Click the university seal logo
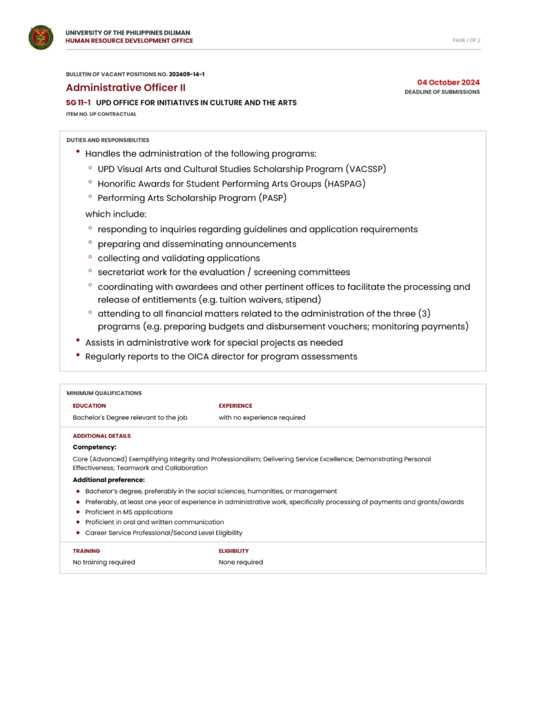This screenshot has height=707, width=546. pyautogui.click(x=41, y=37)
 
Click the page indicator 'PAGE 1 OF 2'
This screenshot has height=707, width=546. pyautogui.click(x=466, y=40)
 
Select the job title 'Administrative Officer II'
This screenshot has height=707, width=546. pyautogui.click(x=125, y=88)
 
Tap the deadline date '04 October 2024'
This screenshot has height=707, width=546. pyautogui.click(x=448, y=82)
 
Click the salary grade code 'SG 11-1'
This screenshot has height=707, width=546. pyautogui.click(x=78, y=103)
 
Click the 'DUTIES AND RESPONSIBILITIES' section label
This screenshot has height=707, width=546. pyautogui.click(x=108, y=140)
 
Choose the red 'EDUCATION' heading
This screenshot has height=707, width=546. pyautogui.click(x=89, y=406)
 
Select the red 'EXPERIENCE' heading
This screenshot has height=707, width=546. pyautogui.click(x=235, y=406)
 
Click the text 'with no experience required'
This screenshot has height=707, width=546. pyautogui.click(x=262, y=418)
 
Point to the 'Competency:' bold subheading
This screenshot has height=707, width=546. pyautogui.click(x=95, y=447)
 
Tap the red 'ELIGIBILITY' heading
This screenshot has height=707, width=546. pyautogui.click(x=233, y=551)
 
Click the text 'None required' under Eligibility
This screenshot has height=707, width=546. pyautogui.click(x=241, y=562)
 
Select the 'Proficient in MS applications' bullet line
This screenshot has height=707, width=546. pyautogui.click(x=128, y=512)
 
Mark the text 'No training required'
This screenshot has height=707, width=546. pyautogui.click(x=104, y=562)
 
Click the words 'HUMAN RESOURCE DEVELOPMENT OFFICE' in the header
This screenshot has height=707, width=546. pyautogui.click(x=129, y=41)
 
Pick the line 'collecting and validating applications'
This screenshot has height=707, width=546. pyautogui.click(x=179, y=258)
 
